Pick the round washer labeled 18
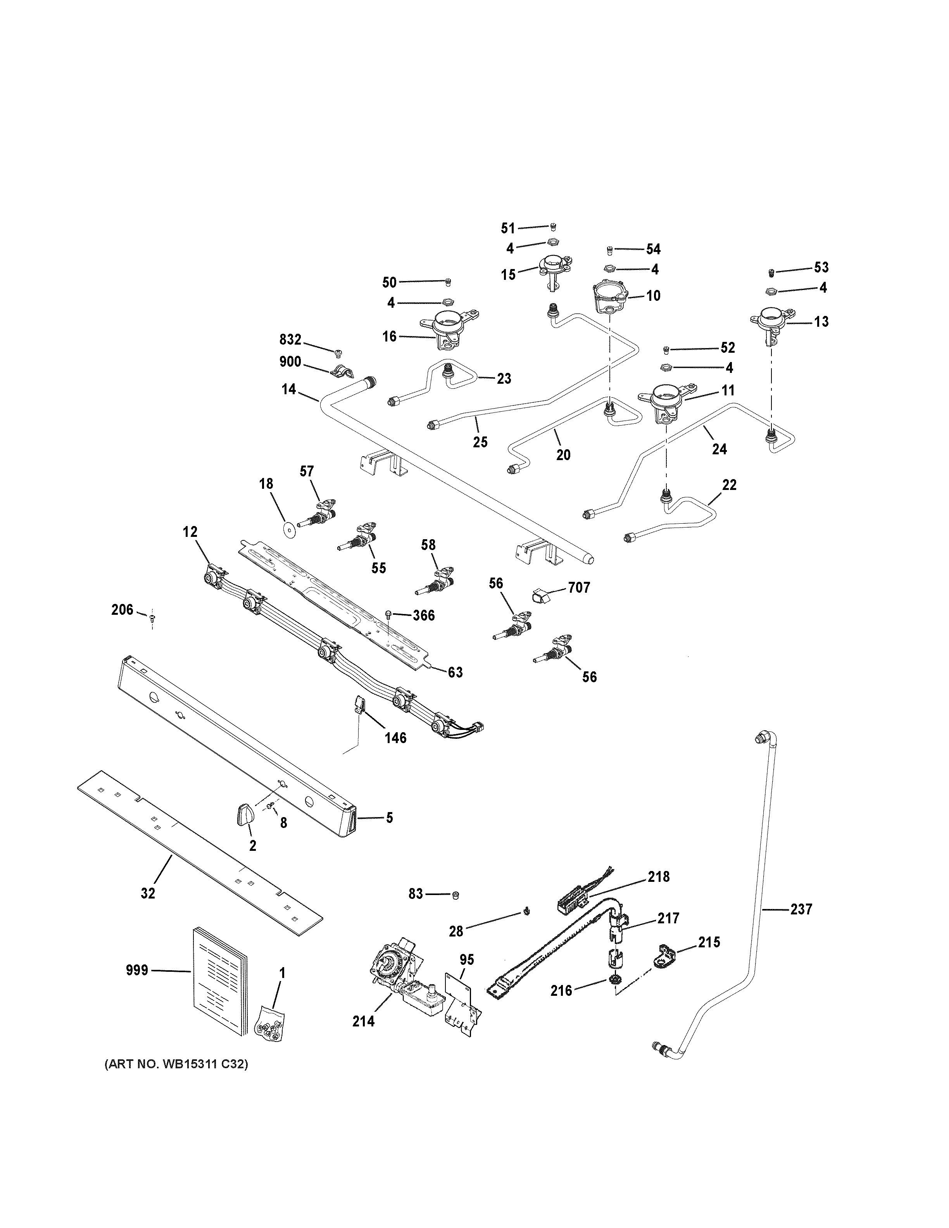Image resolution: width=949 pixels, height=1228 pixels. pos(289,529)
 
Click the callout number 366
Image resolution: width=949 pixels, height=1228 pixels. pos(423,615)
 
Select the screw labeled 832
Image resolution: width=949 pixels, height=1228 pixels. pos(338,353)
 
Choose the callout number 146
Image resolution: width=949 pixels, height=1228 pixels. pos(395,737)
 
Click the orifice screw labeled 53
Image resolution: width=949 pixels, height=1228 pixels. pos(772,273)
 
